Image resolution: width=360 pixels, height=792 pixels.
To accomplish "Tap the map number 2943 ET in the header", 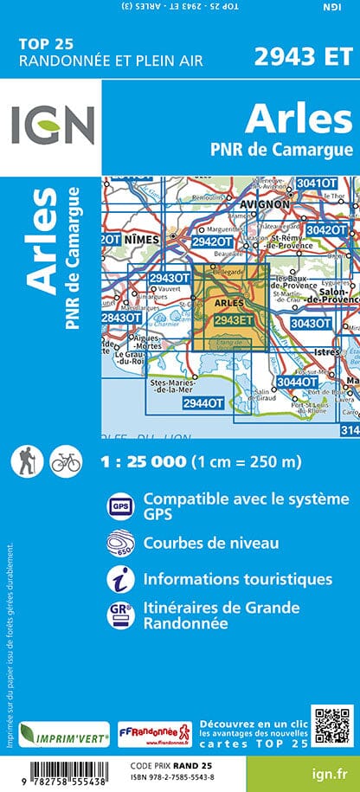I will (x=303, y=57).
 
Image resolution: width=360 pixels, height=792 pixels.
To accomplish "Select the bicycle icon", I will (x=65, y=461).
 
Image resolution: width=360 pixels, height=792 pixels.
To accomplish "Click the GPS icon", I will (x=119, y=505).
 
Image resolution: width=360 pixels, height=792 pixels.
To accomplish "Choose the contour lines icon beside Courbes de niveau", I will (x=119, y=544).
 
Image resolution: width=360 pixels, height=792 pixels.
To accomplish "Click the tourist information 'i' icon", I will (x=119, y=579).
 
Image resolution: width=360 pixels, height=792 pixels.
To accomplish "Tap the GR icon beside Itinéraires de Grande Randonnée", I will (x=119, y=615).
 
